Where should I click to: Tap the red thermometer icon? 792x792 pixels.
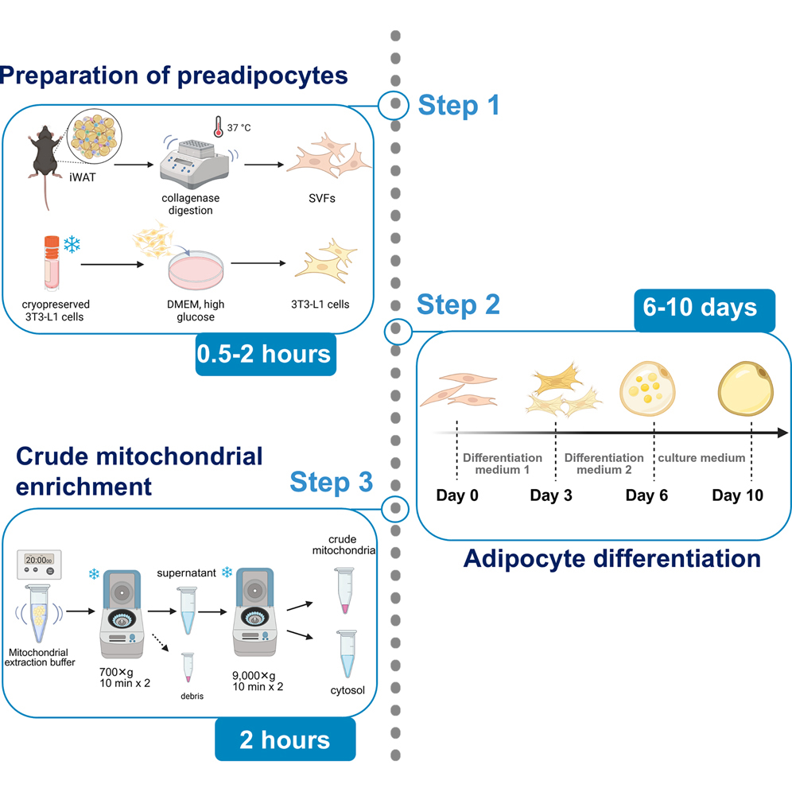[217, 127]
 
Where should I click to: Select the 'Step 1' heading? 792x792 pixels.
[459, 104]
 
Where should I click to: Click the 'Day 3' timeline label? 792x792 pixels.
[551, 495]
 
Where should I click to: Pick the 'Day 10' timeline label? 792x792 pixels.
[737, 495]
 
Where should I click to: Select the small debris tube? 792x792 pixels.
[188, 667]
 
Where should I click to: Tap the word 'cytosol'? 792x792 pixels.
[347, 690]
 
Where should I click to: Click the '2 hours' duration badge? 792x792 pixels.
[285, 740]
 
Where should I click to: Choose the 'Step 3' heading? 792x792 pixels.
[331, 482]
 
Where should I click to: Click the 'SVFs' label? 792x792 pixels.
[321, 198]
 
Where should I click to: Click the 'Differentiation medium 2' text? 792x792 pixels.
[604, 464]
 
